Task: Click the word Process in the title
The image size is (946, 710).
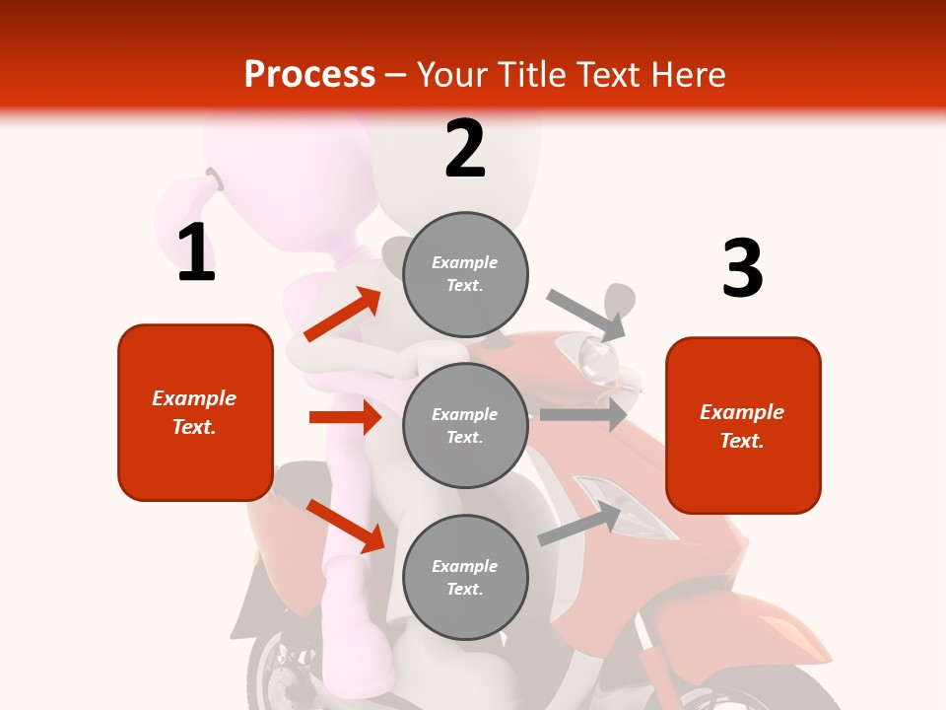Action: (x=309, y=75)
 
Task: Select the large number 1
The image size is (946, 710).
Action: (x=196, y=253)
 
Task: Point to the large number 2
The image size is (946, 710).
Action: (x=465, y=149)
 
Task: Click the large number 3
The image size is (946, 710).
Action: (x=742, y=268)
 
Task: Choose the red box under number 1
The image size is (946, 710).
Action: (x=195, y=412)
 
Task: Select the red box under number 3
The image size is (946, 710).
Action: (x=743, y=426)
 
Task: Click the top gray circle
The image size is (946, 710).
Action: (x=465, y=274)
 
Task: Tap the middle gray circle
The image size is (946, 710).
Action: (x=465, y=425)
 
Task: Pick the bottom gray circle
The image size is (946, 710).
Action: (x=465, y=577)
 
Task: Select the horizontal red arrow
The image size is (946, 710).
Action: (x=345, y=417)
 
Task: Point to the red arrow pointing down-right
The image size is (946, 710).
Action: (x=346, y=525)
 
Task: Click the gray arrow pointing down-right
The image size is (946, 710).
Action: (x=587, y=315)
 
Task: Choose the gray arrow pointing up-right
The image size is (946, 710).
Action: (x=580, y=524)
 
